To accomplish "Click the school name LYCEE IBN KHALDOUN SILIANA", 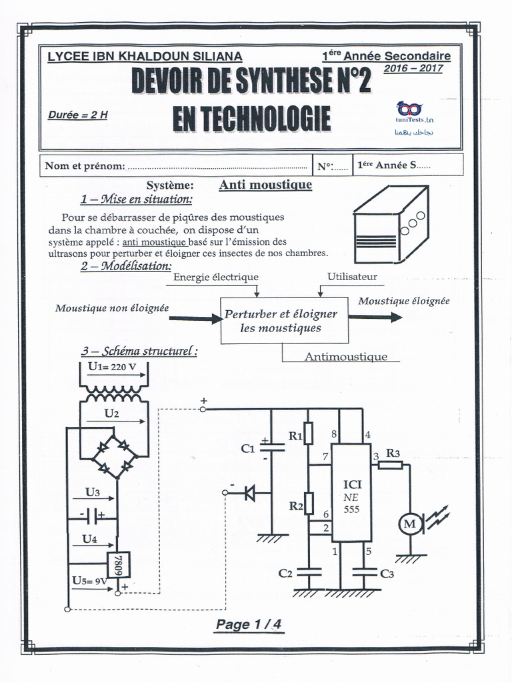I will click(x=145, y=57).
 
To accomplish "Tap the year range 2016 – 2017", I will click(x=413, y=68).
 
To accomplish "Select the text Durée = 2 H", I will click(x=77, y=114).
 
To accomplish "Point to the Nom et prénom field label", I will click(x=84, y=165).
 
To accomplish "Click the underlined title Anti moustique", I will click(x=265, y=185).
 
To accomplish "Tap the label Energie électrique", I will click(x=215, y=277).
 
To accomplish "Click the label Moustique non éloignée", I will click(x=112, y=307).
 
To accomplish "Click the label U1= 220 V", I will click(x=112, y=366).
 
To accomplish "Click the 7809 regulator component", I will click(x=120, y=564).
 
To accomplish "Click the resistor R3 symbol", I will click(x=390, y=464).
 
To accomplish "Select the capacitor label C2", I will click(x=285, y=573).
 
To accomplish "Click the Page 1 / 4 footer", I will click(x=249, y=624).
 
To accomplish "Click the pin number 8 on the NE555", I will click(x=333, y=434).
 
